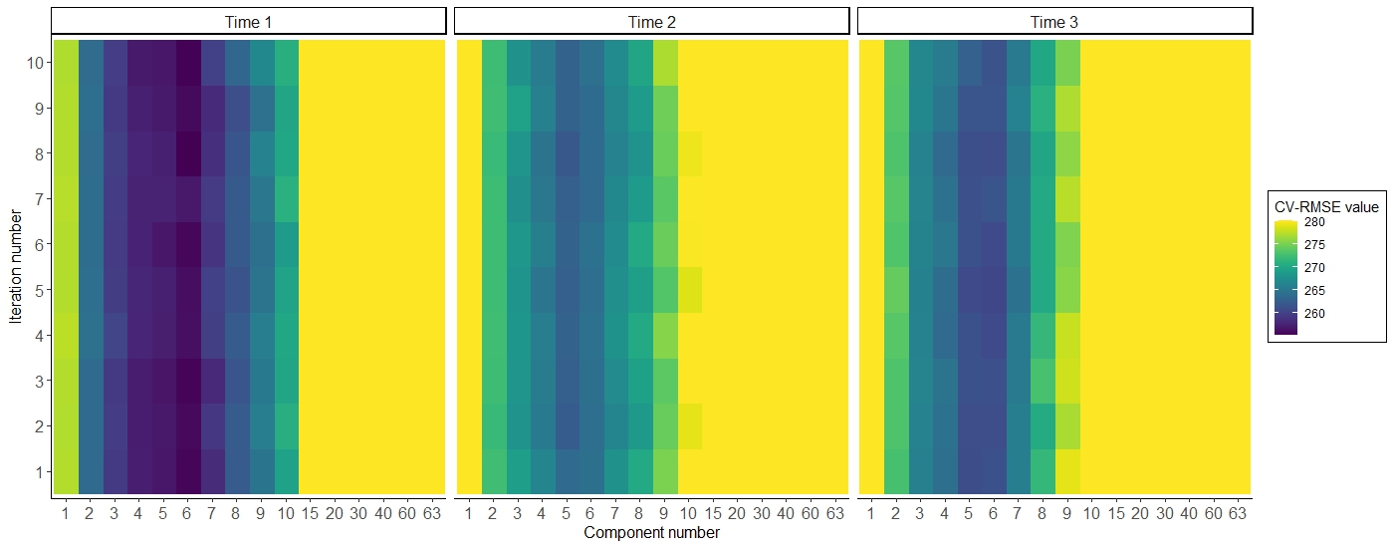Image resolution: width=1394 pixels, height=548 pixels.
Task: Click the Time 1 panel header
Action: pyautogui.click(x=248, y=21)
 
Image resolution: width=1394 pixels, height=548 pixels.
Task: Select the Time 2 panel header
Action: pyautogui.click(x=651, y=21)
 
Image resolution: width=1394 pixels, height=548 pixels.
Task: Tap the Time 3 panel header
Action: pyautogui.click(x=1053, y=21)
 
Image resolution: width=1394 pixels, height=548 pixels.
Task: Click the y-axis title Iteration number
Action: pyautogui.click(x=16, y=267)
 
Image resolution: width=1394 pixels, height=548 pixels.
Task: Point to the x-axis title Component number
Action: pyautogui.click(x=651, y=533)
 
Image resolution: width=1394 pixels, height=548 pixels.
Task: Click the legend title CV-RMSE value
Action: pyautogui.click(x=1326, y=207)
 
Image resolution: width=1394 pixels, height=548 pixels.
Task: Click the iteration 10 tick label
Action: pyautogui.click(x=33, y=63)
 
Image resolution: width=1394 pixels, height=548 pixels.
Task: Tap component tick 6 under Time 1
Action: pyautogui.click(x=188, y=513)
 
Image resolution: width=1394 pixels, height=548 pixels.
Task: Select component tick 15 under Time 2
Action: pyautogui.click(x=714, y=513)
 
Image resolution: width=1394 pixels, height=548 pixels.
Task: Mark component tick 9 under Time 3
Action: pyautogui.click(x=1067, y=513)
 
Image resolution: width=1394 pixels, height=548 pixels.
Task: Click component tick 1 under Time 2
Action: pyautogui.click(x=468, y=513)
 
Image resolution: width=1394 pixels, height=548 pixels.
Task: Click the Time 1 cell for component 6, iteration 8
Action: pyautogui.click(x=188, y=153)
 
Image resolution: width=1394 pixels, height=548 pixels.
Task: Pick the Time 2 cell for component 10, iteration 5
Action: pyautogui.click(x=690, y=290)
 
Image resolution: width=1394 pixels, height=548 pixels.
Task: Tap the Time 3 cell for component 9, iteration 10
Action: pyautogui.click(x=1067, y=63)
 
